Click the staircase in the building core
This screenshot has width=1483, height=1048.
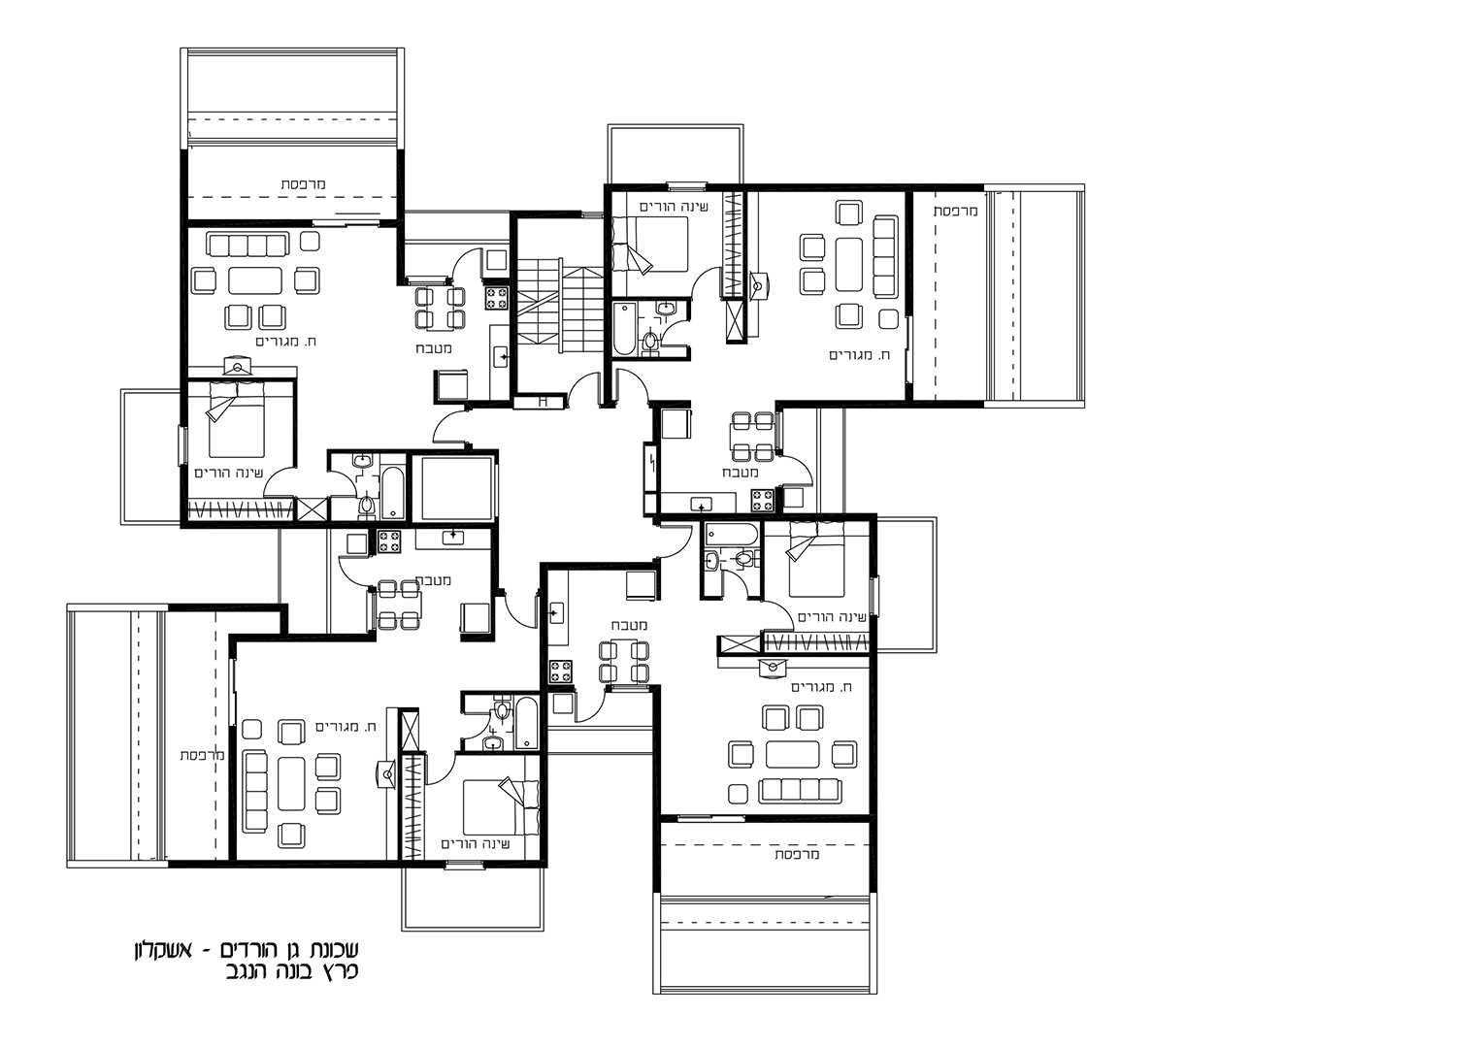tap(560, 307)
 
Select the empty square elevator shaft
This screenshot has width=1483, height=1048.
tap(454, 488)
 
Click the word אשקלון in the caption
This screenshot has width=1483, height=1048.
tap(163, 951)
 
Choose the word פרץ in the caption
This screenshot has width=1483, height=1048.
tap(341, 972)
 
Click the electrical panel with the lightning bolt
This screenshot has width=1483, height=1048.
tap(649, 469)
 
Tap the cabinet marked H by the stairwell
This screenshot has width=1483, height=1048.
tap(541, 401)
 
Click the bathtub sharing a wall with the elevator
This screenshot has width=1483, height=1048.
tap(393, 493)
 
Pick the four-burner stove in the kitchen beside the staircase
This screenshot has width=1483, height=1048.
tap(497, 298)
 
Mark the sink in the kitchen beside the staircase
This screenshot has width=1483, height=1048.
tap(501, 357)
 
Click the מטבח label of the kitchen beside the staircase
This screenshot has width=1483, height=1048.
tap(434, 348)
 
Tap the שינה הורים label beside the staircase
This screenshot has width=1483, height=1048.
tap(674, 208)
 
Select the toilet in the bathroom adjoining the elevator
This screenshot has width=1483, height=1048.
tap(366, 507)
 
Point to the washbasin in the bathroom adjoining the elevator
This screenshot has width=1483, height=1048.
tap(362, 461)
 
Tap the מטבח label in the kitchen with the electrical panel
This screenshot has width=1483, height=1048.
tap(741, 473)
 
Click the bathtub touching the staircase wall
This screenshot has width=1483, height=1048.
tap(623, 329)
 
